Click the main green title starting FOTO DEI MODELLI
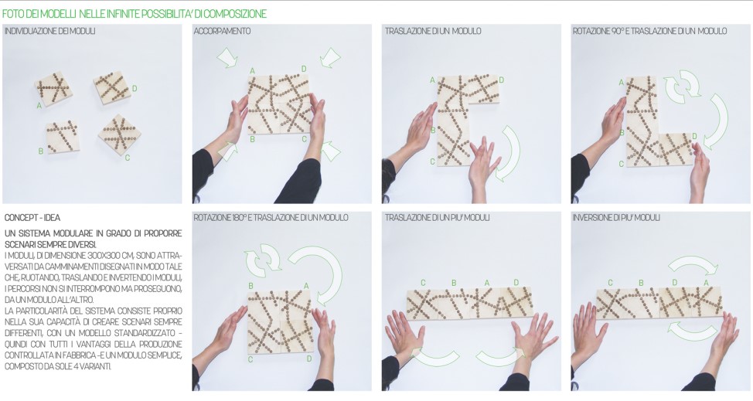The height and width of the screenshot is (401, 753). [x=134, y=14]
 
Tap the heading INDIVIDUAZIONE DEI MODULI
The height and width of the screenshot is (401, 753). [x=50, y=31]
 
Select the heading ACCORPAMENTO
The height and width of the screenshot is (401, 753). [x=222, y=31]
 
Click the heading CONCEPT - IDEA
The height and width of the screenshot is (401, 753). [x=32, y=218]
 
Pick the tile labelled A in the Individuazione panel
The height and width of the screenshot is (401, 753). [x=53, y=89]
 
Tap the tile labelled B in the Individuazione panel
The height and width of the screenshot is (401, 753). [x=63, y=137]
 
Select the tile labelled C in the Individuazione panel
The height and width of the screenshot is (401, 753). [x=120, y=134]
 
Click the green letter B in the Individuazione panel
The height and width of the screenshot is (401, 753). [x=41, y=151]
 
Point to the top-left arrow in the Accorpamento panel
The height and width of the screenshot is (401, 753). [x=227, y=57]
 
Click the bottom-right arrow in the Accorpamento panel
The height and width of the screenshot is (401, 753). [x=331, y=151]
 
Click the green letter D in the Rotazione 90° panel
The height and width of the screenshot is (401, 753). [x=694, y=137]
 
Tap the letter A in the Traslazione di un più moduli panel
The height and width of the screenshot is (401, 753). [x=486, y=283]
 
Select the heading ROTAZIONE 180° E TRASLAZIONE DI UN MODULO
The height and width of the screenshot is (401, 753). [x=271, y=218]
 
